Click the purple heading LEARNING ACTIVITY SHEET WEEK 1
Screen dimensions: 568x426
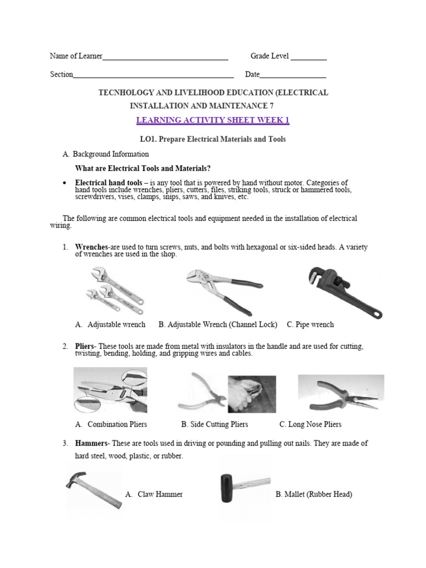pos(213,120)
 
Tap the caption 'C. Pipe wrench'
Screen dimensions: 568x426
pos(310,324)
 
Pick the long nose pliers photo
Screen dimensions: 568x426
pos(341,394)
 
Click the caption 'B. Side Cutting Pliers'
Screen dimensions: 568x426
pos(215,424)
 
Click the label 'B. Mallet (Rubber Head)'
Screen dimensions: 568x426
pos(313,494)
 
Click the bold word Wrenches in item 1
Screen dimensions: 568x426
pos(92,247)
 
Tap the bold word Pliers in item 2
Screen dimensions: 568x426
pos(85,346)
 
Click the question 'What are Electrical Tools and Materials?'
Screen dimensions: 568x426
pos(143,169)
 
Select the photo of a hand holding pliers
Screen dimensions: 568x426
pos(251,394)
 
